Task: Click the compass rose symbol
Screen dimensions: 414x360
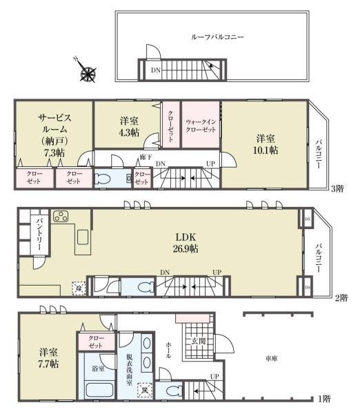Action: [x=88, y=72]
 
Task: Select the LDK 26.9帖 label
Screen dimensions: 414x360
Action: [x=188, y=244]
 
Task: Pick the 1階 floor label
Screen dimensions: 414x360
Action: [x=325, y=400]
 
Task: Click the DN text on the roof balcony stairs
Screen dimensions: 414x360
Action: [x=157, y=70]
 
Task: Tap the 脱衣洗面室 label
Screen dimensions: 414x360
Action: [x=129, y=365]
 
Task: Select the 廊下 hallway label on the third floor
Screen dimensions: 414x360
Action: [x=145, y=158]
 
